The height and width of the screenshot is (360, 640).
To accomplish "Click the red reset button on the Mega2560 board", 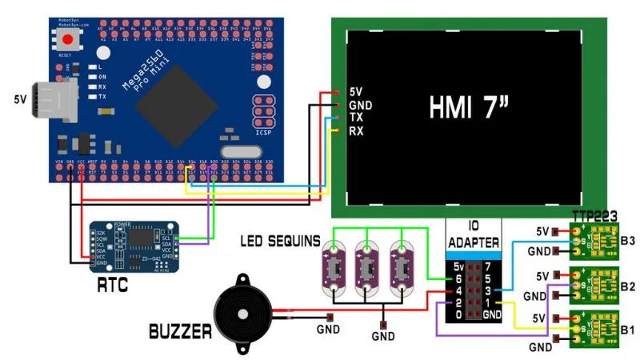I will point(69,38).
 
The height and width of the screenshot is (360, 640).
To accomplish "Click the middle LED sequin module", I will point(366,270).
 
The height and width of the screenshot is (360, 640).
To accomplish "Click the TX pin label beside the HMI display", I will point(357,118).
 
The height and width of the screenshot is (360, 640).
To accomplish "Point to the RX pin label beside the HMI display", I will point(357,130).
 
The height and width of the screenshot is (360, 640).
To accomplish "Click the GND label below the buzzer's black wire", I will point(328,330).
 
